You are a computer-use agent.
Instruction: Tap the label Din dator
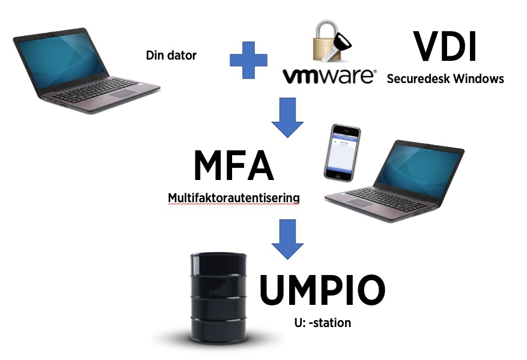click(171, 56)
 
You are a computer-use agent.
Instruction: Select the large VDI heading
click(444, 46)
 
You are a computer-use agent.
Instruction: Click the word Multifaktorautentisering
click(233, 198)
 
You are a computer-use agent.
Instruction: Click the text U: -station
click(322, 323)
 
